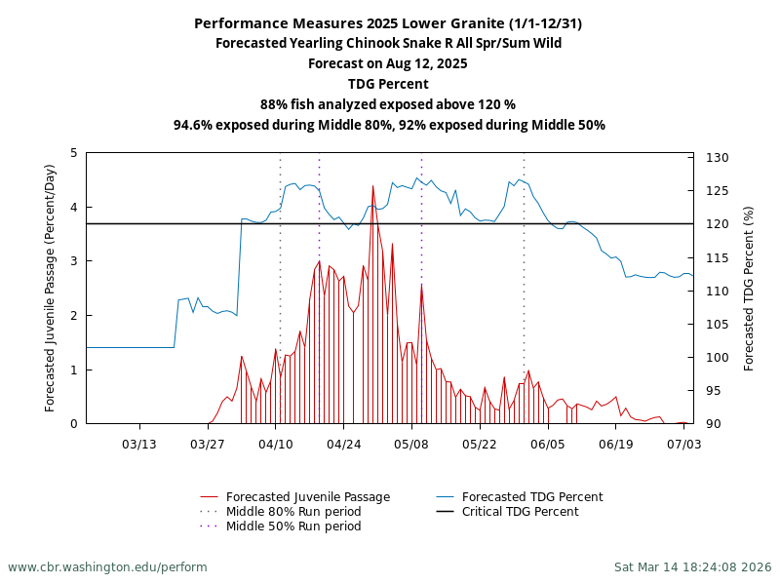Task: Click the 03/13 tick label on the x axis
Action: pyautogui.click(x=139, y=444)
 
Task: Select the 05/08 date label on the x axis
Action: pyautogui.click(x=411, y=444)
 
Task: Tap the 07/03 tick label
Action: pyautogui.click(x=683, y=444)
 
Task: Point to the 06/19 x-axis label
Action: pyautogui.click(x=615, y=444)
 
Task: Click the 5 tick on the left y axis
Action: pyautogui.click(x=74, y=153)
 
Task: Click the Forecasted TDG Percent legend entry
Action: pyautogui.click(x=532, y=497)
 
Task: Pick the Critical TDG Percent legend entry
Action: pyautogui.click(x=520, y=512)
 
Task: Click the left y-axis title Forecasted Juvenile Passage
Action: pyautogui.click(x=51, y=288)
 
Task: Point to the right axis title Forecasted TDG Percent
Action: pyautogui.click(x=749, y=288)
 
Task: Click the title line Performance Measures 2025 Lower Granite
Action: pyautogui.click(x=388, y=23)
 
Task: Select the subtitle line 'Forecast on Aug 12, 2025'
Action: pyautogui.click(x=388, y=63)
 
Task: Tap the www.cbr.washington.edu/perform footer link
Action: pyautogui.click(x=107, y=566)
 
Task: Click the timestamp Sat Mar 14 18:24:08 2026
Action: pyautogui.click(x=692, y=566)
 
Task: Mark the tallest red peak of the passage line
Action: pyautogui.click(x=372, y=185)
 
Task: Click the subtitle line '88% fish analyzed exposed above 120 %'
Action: pyautogui.click(x=388, y=104)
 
